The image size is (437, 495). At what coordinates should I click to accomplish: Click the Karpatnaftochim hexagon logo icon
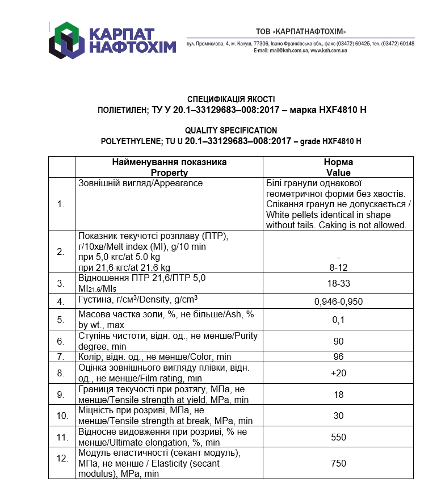(66, 40)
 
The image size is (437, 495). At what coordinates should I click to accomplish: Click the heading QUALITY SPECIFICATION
(231, 131)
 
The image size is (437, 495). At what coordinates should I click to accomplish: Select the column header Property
(169, 173)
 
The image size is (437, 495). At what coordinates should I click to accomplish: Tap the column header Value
(338, 173)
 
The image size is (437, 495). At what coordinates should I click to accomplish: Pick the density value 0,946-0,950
(338, 302)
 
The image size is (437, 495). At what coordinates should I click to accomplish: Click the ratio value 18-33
(338, 282)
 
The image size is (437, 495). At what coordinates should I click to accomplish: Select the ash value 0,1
(338, 320)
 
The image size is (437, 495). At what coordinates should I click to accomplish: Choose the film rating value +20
(338, 373)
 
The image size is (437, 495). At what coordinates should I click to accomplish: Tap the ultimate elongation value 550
(338, 437)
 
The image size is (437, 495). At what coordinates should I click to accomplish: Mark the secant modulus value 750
(338, 464)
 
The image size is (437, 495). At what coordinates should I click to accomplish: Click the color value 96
(338, 357)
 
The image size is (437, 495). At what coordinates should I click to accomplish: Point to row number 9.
(61, 394)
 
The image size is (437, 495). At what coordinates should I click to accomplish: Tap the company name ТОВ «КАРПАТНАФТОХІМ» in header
(300, 31)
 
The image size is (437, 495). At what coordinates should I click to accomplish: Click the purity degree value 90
(338, 341)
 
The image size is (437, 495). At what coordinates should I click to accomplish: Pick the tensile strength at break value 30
(338, 416)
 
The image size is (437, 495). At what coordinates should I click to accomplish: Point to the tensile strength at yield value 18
(338, 394)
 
